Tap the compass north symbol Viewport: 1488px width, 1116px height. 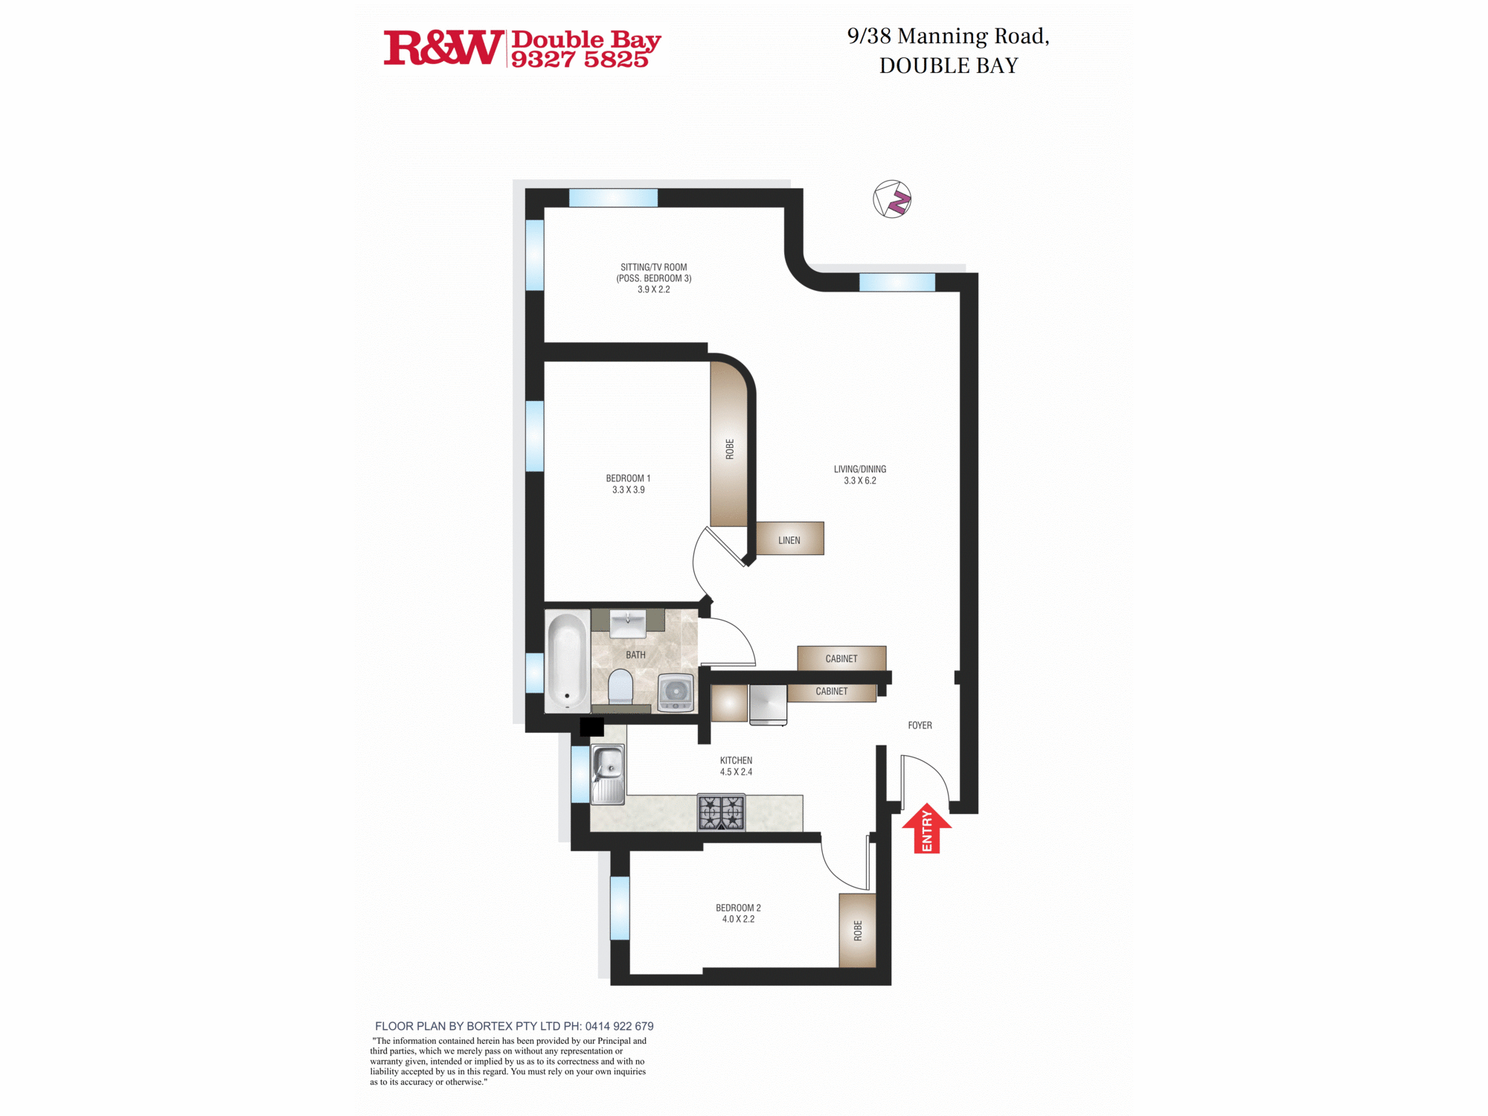click(x=892, y=199)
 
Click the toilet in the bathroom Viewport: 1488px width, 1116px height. click(x=620, y=686)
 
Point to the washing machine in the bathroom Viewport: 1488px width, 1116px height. click(x=676, y=692)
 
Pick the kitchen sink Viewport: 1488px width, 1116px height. click(x=608, y=775)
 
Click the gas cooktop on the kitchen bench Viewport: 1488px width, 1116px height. click(x=721, y=812)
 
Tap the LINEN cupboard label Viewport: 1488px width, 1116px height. click(x=789, y=540)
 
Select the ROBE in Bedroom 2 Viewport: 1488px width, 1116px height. click(x=858, y=931)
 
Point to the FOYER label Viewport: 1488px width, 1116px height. click(x=920, y=725)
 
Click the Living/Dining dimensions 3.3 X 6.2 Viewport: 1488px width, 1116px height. click(x=860, y=481)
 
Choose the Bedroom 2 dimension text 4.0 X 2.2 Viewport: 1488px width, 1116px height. click(x=738, y=920)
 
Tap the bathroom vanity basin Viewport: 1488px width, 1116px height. click(x=628, y=623)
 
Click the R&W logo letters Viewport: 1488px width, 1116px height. click(x=443, y=48)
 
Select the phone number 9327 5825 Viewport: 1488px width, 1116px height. click(x=580, y=60)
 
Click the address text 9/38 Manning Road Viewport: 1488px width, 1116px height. click(x=948, y=36)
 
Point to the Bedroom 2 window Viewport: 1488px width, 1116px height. click(x=620, y=908)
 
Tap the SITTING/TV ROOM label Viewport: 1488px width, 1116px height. click(x=653, y=267)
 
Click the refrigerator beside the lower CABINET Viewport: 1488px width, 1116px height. click(x=768, y=704)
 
